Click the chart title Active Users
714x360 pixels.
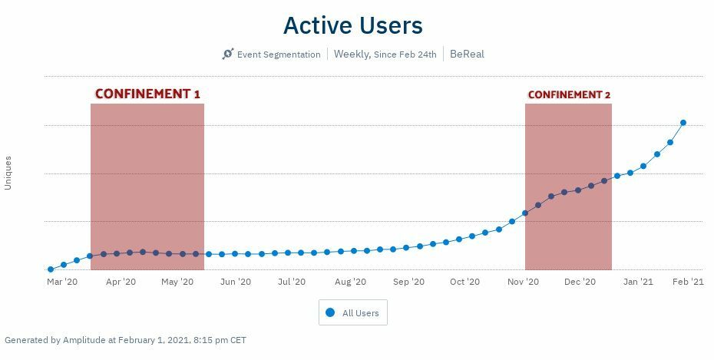click(352, 25)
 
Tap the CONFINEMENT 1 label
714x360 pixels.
click(147, 94)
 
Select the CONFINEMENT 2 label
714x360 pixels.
click(569, 94)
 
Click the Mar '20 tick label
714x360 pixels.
click(62, 282)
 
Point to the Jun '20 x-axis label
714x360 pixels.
click(236, 282)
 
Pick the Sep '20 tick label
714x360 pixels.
click(408, 282)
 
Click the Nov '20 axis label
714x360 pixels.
click(523, 282)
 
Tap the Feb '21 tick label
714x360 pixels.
click(688, 282)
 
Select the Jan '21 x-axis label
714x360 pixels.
click(638, 282)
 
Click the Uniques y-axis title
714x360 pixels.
click(8, 173)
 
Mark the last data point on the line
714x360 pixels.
click(683, 123)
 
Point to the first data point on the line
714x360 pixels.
click(51, 269)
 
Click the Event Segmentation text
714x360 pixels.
click(278, 54)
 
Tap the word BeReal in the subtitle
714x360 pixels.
click(467, 54)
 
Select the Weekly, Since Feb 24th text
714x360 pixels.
click(385, 54)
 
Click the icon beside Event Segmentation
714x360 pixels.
click(227, 54)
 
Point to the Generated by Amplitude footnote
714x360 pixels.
click(125, 339)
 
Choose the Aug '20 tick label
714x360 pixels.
click(350, 282)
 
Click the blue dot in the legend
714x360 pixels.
click(331, 313)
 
